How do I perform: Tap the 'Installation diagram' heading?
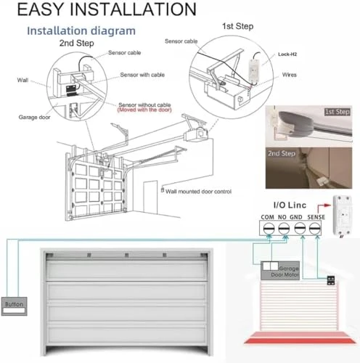click(81, 31)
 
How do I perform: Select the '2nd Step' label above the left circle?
click(76, 43)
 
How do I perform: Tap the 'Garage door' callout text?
click(34, 116)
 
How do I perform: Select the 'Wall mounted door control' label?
click(199, 191)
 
